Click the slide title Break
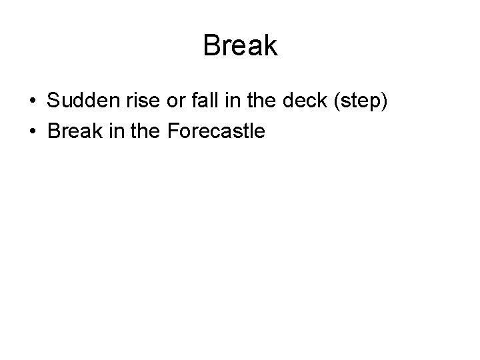click(240, 46)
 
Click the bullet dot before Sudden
click(32, 102)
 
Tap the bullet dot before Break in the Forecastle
click(32, 131)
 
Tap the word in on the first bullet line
click(219, 102)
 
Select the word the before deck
click(245, 102)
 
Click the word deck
click(286, 102)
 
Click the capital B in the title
click(211, 46)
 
